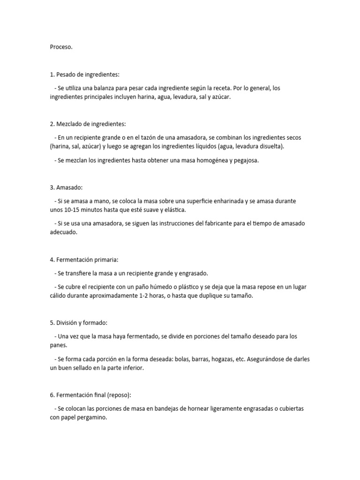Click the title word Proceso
tap(61, 47)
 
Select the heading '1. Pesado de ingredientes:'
tap(85, 75)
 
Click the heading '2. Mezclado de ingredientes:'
tap(88, 124)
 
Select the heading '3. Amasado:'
tap(66, 187)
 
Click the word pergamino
tap(92, 417)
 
